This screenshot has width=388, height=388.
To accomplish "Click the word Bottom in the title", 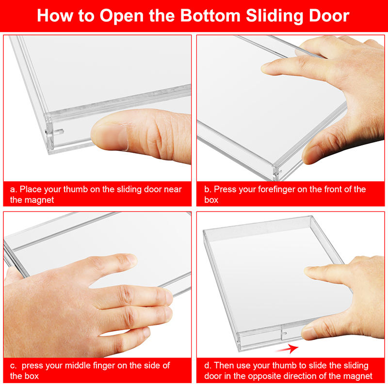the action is click(210, 16).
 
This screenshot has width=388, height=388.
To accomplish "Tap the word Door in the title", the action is click(329, 16).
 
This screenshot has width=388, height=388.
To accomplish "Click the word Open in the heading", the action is click(122, 16).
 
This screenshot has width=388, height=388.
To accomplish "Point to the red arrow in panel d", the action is click(287, 348).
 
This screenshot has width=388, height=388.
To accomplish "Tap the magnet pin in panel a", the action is click(59, 131).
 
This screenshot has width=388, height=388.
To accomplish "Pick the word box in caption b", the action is click(211, 200).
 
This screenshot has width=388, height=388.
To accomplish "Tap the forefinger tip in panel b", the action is click(265, 68).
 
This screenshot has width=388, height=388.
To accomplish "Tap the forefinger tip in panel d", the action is click(308, 271).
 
